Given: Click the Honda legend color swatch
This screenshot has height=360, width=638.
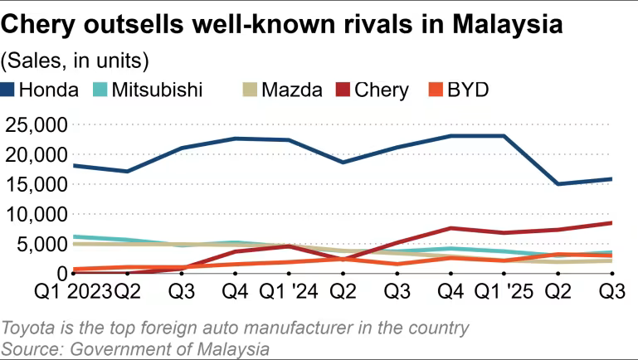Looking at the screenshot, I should tap(9, 90).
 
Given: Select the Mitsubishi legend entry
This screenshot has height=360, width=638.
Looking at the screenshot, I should tap(157, 90).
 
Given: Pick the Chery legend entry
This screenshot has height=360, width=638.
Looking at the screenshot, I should tap(381, 90).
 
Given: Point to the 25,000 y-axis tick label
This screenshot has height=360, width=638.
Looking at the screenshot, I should tap(36, 124).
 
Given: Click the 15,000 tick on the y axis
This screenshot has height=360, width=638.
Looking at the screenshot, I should tap(36, 184).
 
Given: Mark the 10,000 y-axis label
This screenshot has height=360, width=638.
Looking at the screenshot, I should tap(36, 214).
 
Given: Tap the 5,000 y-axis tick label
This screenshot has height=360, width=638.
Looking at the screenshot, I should tap(41, 244).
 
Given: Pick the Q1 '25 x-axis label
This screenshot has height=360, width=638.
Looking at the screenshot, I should tap(499, 292).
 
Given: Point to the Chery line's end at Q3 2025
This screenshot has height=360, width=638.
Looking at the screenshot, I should tap(611, 222).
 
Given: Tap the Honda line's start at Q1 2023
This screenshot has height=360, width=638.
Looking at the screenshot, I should tap(74, 166).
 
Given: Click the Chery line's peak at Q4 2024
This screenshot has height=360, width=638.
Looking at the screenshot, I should tap(450, 228).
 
